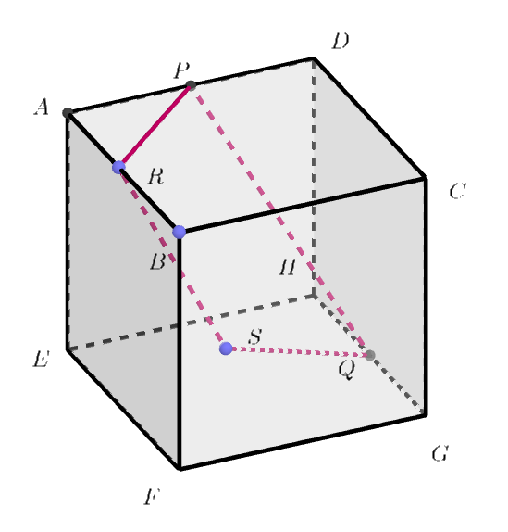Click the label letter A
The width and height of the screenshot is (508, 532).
click(x=42, y=107)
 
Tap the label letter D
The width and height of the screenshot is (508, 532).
click(x=340, y=42)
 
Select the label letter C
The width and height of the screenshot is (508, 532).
click(x=457, y=191)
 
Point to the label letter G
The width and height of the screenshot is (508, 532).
click(x=440, y=453)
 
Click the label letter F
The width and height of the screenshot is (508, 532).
click(x=151, y=497)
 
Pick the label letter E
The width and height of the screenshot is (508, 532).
click(x=41, y=359)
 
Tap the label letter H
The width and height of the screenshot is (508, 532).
click(x=288, y=266)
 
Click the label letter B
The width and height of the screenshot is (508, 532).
click(x=158, y=262)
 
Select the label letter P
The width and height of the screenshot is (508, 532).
click(x=181, y=70)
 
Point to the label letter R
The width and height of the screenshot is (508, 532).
click(x=155, y=176)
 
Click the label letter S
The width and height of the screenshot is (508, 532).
click(x=255, y=336)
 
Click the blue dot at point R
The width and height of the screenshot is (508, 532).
click(x=118, y=167)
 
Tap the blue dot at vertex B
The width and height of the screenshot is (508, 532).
click(x=180, y=232)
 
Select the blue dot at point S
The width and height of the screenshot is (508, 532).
click(x=226, y=348)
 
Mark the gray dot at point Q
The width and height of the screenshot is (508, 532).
click(x=370, y=355)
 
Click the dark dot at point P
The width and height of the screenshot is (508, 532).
click(x=191, y=85)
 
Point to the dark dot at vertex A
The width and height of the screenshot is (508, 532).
click(x=68, y=112)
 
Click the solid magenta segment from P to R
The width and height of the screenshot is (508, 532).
click(x=155, y=125)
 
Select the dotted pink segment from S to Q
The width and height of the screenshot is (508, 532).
click(x=298, y=352)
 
